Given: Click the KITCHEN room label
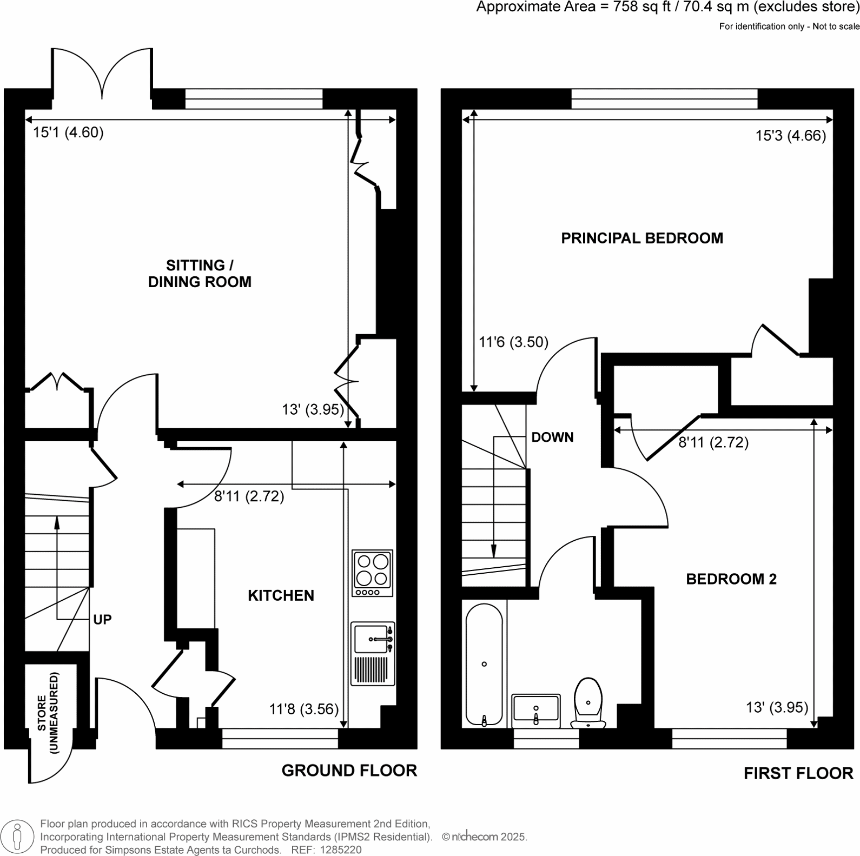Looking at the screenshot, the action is tap(281, 595).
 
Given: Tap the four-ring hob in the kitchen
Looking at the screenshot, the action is tap(372, 573).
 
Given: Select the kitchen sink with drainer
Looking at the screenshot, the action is tap(373, 654).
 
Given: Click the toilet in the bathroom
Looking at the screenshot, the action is tap(588, 703).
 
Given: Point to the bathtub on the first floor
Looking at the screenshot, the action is tap(484, 664).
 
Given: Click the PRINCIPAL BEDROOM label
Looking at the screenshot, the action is tap(642, 238).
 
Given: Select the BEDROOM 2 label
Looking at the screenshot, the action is tap(731, 579).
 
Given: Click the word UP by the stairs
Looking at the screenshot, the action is tap(102, 620).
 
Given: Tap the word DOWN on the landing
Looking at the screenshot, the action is tap(552, 437).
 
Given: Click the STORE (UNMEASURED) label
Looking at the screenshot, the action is tap(48, 713).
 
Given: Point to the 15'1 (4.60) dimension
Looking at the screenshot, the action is tap(68, 132).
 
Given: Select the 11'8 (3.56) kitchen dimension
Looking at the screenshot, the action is tap(304, 709).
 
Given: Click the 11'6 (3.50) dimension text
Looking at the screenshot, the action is tap(514, 342).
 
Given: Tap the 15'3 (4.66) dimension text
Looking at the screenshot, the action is tap(791, 136).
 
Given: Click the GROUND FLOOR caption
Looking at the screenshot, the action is tap(349, 771).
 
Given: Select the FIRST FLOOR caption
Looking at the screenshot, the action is tap(798, 774).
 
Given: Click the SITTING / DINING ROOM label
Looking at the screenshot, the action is tap(200, 274).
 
